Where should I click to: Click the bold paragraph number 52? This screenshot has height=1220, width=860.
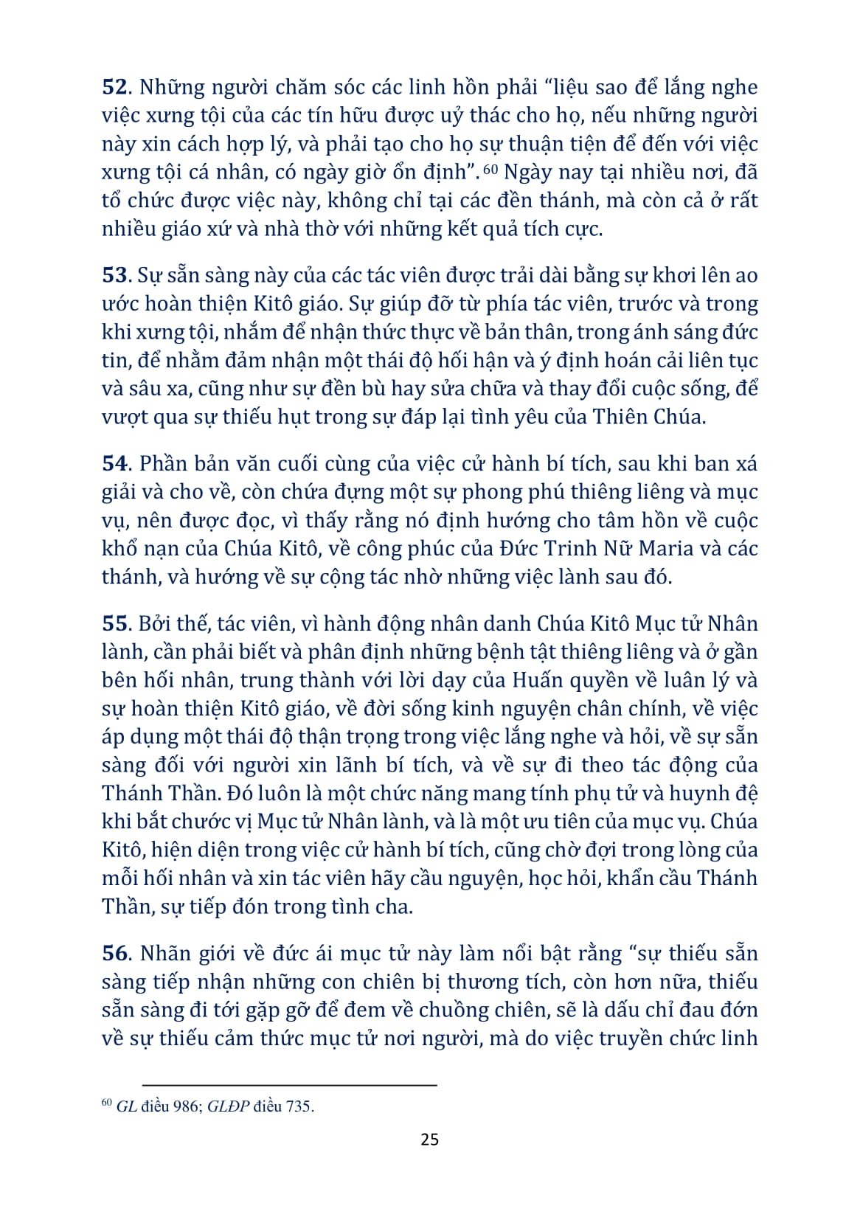[115, 88]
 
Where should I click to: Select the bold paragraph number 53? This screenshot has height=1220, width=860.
[115, 276]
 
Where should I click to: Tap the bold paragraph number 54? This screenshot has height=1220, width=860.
[115, 464]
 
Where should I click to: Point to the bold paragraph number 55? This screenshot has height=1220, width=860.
[115, 624]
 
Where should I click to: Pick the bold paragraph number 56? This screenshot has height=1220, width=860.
[115, 954]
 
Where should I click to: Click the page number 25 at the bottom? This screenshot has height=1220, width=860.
[429, 1140]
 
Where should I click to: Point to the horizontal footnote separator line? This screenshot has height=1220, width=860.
[289, 1085]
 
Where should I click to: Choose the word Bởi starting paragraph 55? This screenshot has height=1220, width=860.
[155, 624]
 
